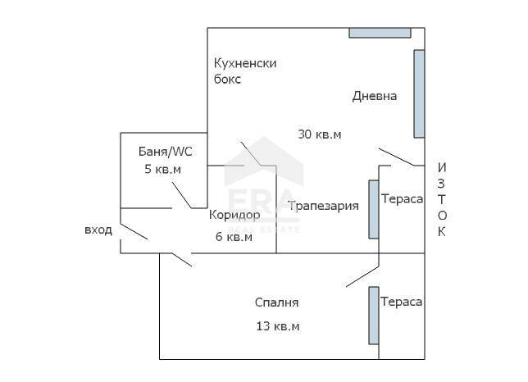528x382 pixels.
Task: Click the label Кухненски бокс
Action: pos(245,71)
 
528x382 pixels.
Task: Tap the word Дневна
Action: pos(374,96)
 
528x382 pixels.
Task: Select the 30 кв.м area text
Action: pos(319,134)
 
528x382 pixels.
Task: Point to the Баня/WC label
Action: pos(165,152)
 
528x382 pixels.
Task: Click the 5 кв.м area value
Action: pos(162,169)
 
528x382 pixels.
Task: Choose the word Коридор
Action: pos(234,215)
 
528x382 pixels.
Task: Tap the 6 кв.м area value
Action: pos(233,237)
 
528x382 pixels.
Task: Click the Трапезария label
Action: pos(323,206)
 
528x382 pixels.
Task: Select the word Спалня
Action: pos(276,302)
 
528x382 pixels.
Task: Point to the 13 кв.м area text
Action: pos(277,325)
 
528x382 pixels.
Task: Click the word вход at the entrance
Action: pos(98,230)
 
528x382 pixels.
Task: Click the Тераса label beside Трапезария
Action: pos(402,199)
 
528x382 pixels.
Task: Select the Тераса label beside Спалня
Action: pos(402,302)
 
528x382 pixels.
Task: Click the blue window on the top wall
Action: pos(380,33)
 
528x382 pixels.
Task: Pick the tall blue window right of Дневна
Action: pos(419,93)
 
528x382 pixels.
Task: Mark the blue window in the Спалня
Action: pos(373,316)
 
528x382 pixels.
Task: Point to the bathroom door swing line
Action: pos(182,195)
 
